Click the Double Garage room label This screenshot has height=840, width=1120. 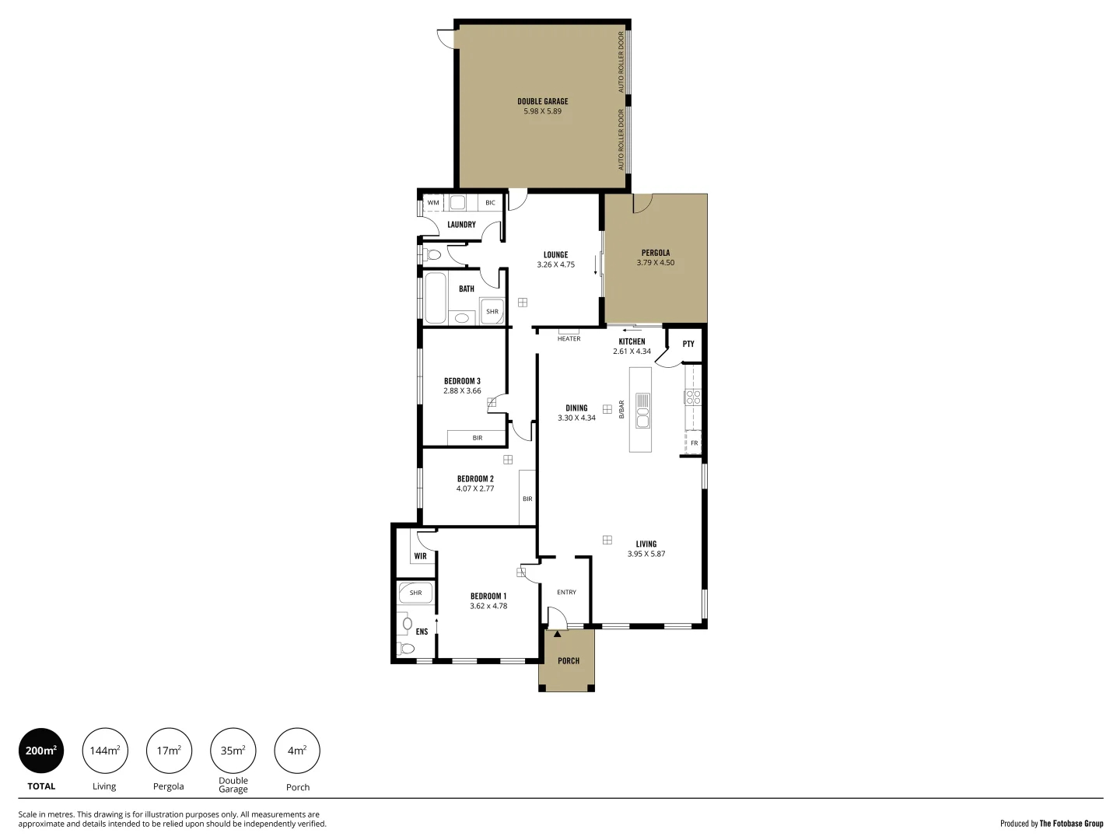[x=542, y=101]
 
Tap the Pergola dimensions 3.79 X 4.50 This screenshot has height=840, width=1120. [x=655, y=263]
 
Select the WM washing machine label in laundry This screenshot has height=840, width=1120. [x=433, y=203]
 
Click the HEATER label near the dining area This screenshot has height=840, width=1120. [x=569, y=339]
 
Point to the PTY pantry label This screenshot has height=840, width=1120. [x=688, y=344]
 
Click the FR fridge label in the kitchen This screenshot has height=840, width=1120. [x=695, y=443]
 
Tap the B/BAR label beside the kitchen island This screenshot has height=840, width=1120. [x=621, y=409]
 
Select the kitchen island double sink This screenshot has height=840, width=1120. [x=642, y=411]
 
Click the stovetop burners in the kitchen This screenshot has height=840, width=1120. [x=693, y=397]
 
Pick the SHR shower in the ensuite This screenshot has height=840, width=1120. [x=415, y=593]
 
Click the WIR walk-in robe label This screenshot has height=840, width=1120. [x=420, y=556]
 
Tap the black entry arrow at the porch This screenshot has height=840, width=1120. [x=557, y=634]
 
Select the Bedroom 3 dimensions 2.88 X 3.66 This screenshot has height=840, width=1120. [x=462, y=391]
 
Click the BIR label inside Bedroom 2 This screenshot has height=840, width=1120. [x=527, y=499]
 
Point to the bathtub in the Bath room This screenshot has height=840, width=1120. [x=436, y=297]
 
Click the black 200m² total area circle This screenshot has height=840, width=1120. [x=41, y=751]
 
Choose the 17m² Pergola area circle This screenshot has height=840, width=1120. [x=169, y=751]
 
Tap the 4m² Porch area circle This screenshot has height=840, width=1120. [x=297, y=751]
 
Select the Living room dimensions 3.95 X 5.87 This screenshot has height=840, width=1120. [x=646, y=555]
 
